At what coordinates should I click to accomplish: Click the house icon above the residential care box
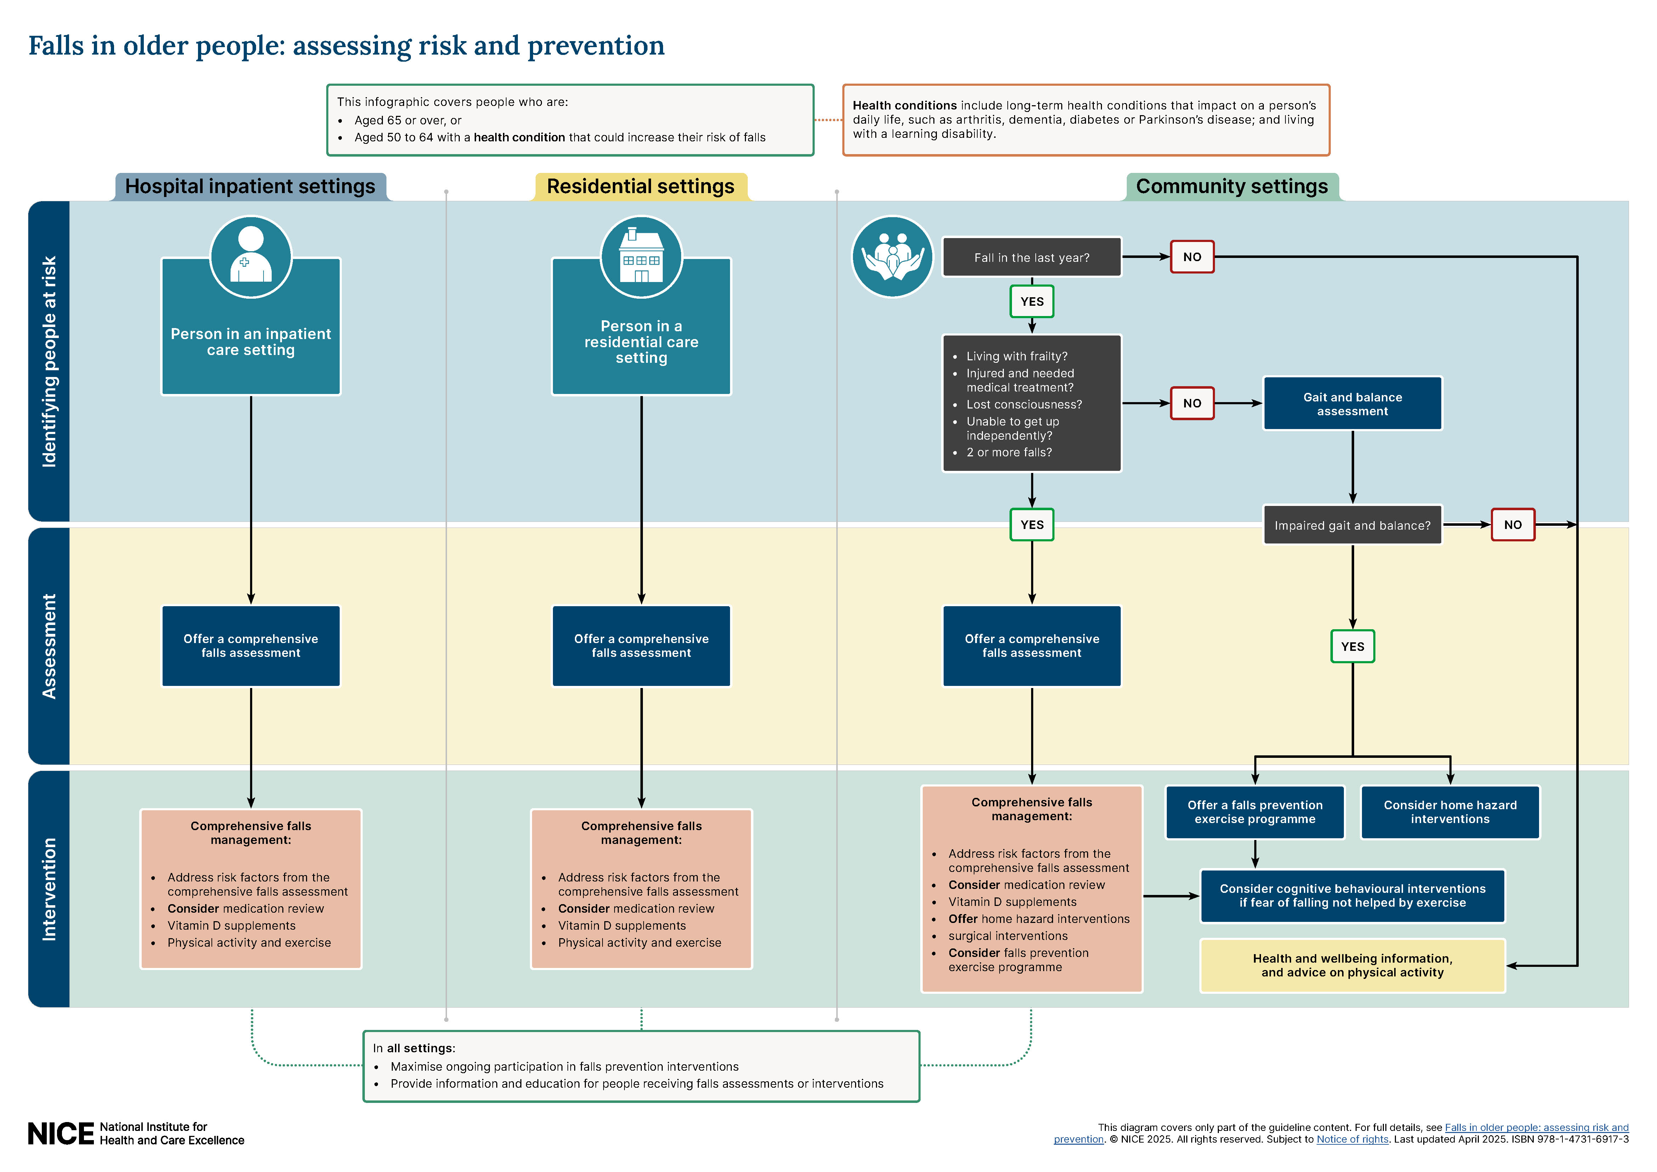(x=641, y=257)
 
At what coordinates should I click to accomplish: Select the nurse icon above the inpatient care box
(x=250, y=257)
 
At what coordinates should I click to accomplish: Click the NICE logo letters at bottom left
(x=61, y=1134)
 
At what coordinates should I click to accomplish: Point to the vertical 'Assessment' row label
(x=49, y=646)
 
